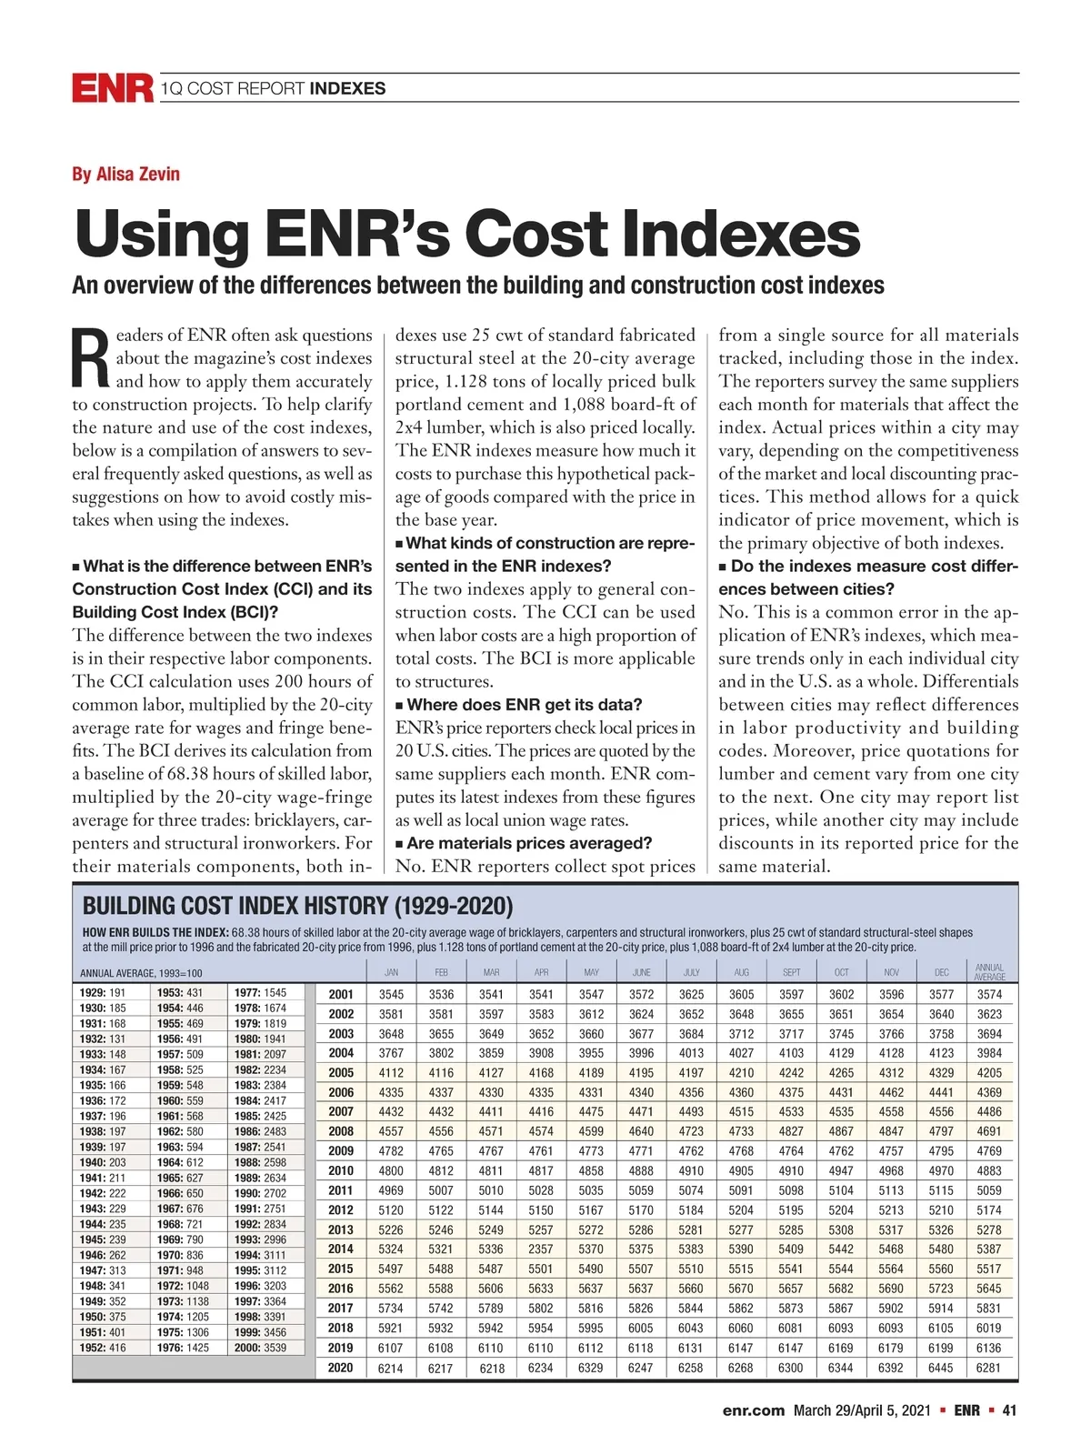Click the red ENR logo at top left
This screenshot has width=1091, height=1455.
pyautogui.click(x=112, y=88)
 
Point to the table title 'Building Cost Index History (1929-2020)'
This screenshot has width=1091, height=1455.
pyautogui.click(x=297, y=906)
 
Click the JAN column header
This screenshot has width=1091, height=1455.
pyautogui.click(x=391, y=972)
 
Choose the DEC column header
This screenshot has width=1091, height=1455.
pyautogui.click(x=941, y=972)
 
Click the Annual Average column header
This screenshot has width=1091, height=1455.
pyautogui.click(x=989, y=972)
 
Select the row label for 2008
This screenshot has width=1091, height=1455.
pyautogui.click(x=341, y=1131)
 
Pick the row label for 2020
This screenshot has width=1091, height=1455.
pyautogui.click(x=341, y=1368)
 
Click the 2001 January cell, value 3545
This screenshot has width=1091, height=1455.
pyautogui.click(x=391, y=995)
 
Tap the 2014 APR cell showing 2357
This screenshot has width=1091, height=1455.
pyautogui.click(x=541, y=1249)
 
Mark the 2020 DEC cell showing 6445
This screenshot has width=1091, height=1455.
pyautogui.click(x=941, y=1368)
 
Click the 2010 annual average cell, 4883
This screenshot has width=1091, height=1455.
pyautogui.click(x=989, y=1171)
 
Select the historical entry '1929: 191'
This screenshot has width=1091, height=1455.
pyautogui.click(x=103, y=993)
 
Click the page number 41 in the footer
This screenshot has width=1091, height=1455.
pyautogui.click(x=1009, y=1410)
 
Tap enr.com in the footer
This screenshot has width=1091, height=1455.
pyautogui.click(x=753, y=1410)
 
